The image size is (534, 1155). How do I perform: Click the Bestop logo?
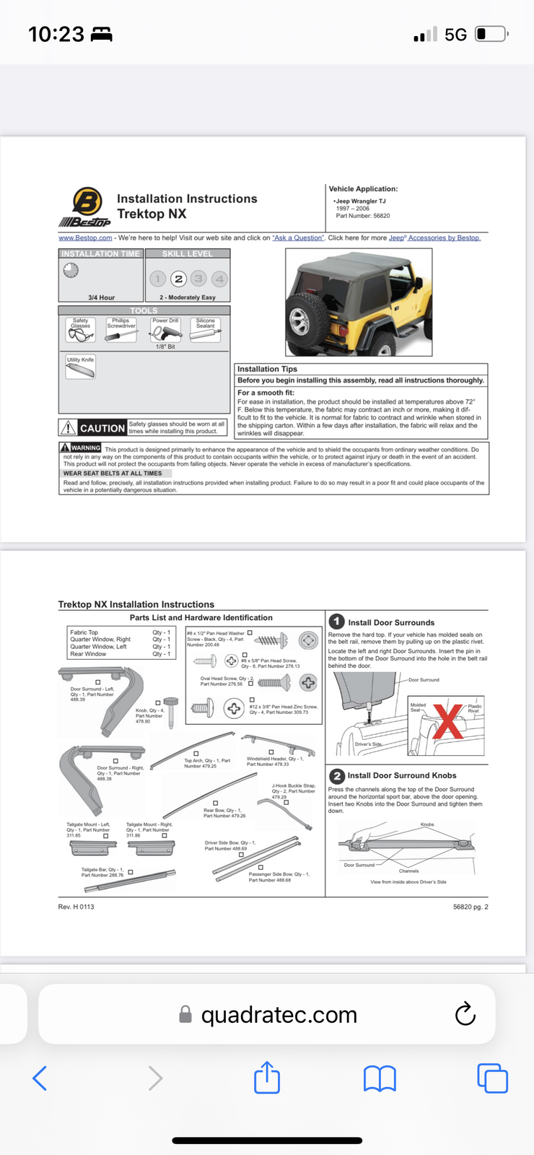click(85, 206)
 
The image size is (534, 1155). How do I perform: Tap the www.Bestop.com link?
click(85, 237)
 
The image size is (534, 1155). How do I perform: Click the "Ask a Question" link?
click(298, 237)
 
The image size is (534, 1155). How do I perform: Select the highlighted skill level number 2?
click(178, 279)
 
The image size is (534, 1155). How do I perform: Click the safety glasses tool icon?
click(80, 334)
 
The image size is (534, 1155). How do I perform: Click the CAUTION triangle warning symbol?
click(68, 428)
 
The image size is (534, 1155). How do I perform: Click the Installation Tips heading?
click(267, 369)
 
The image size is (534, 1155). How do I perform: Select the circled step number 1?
click(336, 622)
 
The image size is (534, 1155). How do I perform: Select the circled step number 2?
click(336, 776)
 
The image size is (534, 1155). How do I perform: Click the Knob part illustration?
click(171, 712)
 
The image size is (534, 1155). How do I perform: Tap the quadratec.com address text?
click(279, 1015)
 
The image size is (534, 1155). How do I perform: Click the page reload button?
click(465, 1014)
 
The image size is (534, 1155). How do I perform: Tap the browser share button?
click(267, 1078)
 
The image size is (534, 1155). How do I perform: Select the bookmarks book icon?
click(380, 1078)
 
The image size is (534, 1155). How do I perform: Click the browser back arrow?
click(40, 1078)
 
